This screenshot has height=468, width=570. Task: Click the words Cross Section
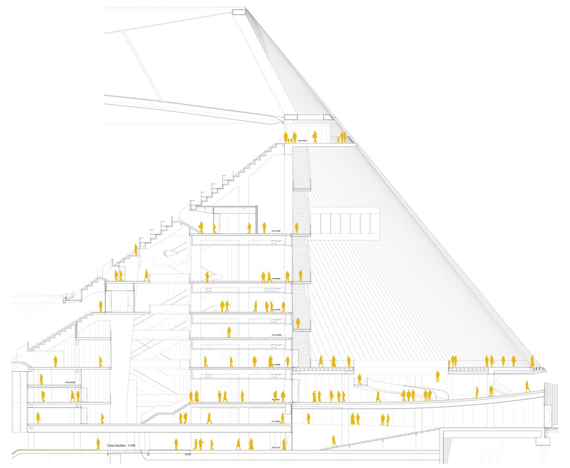[116, 445]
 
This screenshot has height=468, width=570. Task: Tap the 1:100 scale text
[132, 445]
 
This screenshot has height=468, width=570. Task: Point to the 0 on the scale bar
[108, 455]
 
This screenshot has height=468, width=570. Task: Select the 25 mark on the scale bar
[148, 455]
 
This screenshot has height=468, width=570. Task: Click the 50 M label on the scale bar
[188, 455]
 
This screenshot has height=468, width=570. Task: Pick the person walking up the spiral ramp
[360, 379]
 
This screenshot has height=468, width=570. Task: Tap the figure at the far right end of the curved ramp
[527, 386]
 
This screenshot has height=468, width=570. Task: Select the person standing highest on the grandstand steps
[136, 249]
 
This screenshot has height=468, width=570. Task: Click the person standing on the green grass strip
[98, 444]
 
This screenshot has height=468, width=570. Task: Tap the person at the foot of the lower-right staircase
[334, 441]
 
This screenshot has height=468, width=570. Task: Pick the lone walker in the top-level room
[314, 137]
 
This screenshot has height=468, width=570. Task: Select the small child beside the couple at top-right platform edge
[338, 139]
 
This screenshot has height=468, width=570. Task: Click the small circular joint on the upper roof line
[123, 31]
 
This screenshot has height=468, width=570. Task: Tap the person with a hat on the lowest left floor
[38, 418]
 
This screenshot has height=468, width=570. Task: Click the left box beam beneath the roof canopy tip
[291, 117]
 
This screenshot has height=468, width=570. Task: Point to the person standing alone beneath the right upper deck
[437, 376]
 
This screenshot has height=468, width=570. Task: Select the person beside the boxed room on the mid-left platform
[100, 306]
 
